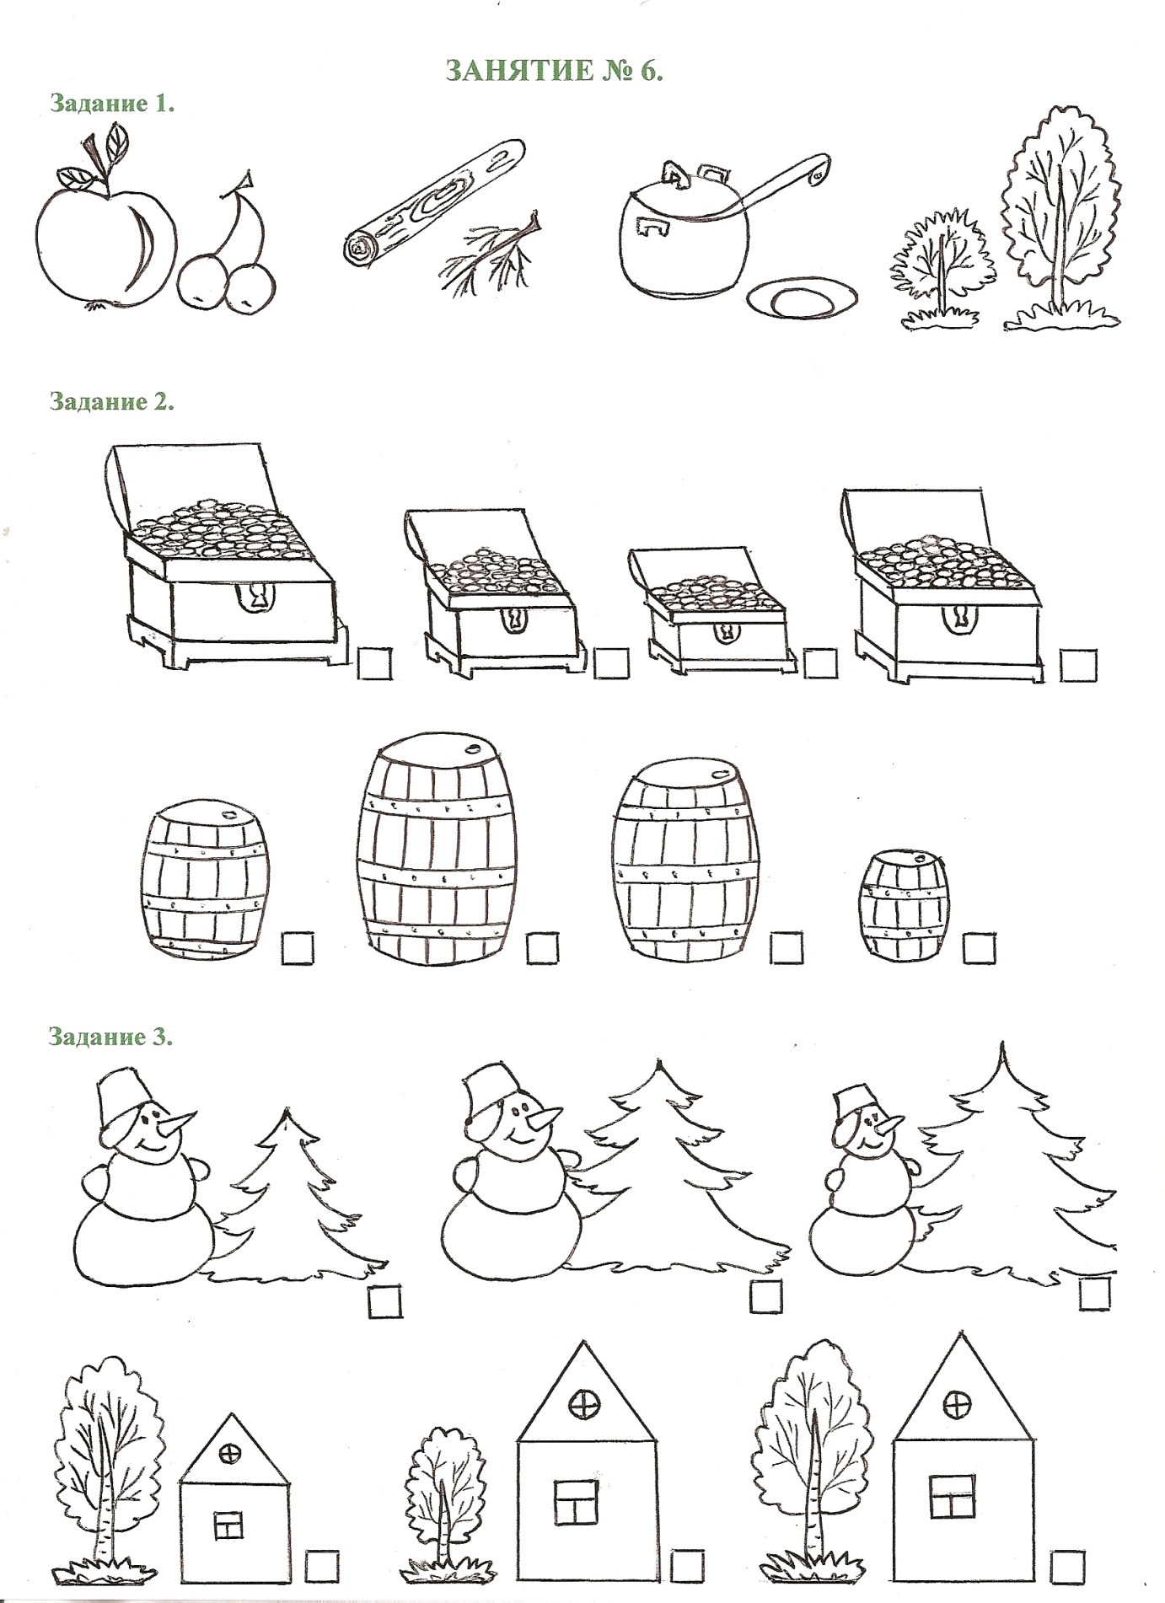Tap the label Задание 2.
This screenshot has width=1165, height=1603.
coord(112,400)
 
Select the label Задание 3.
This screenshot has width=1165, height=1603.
coord(111,1036)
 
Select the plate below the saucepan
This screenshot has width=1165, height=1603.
coord(803,299)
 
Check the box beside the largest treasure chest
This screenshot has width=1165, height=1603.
coord(374,662)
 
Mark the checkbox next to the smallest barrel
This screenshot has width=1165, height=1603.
coord(979,948)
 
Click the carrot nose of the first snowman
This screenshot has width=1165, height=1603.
coord(180,1123)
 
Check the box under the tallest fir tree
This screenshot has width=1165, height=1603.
coord(1094,1294)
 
